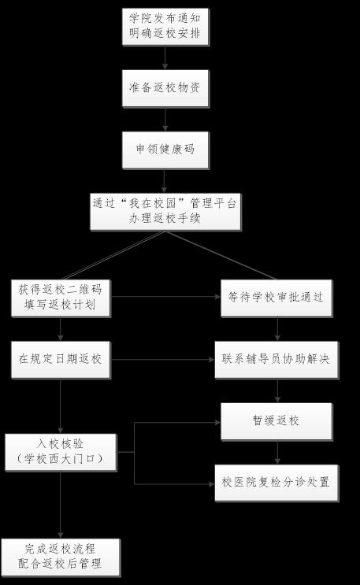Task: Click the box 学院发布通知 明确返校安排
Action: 165,27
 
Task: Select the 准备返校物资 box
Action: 165,88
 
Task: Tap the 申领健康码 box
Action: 165,150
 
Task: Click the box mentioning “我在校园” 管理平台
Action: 165,212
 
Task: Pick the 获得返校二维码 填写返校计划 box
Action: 61,298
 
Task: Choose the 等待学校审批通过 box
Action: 276,298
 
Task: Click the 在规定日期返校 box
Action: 61,360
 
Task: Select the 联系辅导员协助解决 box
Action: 276,360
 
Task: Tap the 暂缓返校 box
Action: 276,421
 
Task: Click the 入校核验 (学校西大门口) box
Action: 61,452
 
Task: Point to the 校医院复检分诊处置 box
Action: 276,483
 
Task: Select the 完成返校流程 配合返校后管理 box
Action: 61,557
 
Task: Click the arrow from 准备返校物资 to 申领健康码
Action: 165,120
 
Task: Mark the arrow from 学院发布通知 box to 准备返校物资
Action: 165,57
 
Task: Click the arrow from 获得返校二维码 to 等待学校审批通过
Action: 165,297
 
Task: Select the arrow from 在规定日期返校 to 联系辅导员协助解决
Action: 162,360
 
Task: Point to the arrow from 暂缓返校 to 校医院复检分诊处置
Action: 277,452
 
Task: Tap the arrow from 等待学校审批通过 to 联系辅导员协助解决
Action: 277,329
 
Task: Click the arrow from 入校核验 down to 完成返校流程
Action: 61,505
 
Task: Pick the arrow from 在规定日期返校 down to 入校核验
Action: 61,406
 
